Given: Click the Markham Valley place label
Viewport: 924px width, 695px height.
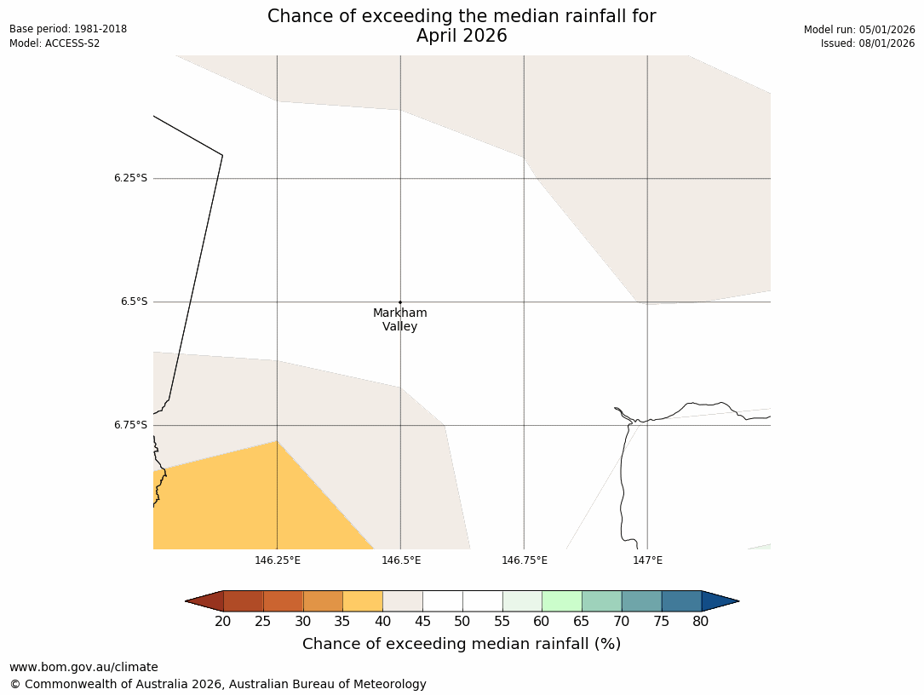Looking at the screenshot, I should pyautogui.click(x=399, y=319).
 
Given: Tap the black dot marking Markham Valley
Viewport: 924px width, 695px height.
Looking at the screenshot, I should pyautogui.click(x=400, y=302).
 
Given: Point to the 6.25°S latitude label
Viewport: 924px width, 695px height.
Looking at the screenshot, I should pyautogui.click(x=130, y=178).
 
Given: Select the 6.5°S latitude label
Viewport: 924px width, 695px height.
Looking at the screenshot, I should pyautogui.click(x=134, y=302).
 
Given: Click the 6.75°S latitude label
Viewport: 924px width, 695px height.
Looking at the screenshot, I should pyautogui.click(x=130, y=425).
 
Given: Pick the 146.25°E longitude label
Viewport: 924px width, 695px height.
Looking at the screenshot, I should pyautogui.click(x=278, y=560).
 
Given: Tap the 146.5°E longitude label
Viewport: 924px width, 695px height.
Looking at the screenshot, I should pyautogui.click(x=401, y=560).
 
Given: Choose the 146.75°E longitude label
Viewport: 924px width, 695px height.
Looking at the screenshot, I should pyautogui.click(x=525, y=560).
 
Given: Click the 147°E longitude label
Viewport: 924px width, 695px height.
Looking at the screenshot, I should pyautogui.click(x=648, y=560).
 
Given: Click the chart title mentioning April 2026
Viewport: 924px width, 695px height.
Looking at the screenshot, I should pyautogui.click(x=462, y=26).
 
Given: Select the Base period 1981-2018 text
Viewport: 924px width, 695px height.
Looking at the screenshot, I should pyautogui.click(x=68, y=29).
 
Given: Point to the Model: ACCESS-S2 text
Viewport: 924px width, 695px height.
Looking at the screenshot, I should pyautogui.click(x=55, y=43).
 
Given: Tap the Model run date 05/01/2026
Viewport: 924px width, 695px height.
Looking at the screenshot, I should pyautogui.click(x=859, y=30).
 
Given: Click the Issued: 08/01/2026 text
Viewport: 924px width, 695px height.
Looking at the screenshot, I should pyautogui.click(x=868, y=43).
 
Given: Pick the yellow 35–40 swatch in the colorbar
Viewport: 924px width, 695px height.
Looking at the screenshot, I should pyautogui.click(x=363, y=601).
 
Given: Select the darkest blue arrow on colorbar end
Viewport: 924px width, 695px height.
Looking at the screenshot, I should pyautogui.click(x=719, y=601).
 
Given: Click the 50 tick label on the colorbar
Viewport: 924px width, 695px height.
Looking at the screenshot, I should pyautogui.click(x=462, y=622).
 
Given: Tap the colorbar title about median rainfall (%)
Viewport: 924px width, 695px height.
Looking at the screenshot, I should pyautogui.click(x=462, y=644).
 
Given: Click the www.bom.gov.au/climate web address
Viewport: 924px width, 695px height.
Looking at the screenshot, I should pyautogui.click(x=83, y=667).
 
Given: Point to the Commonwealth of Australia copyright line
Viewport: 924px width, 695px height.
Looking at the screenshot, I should pyautogui.click(x=218, y=684).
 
